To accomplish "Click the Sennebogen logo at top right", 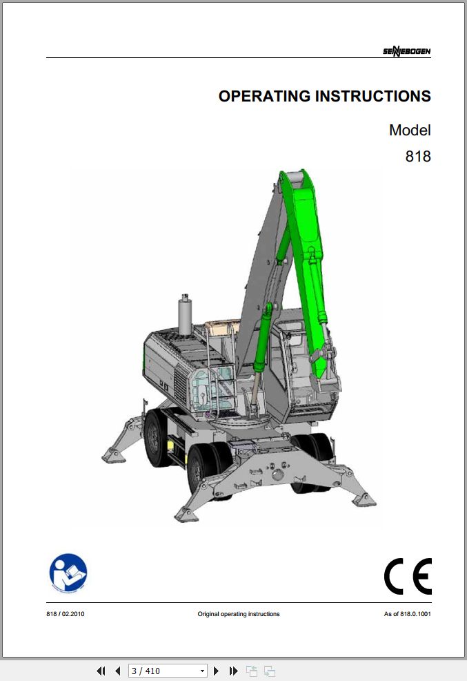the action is click(406, 51).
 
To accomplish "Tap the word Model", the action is click(410, 130).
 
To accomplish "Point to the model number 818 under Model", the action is click(418, 156).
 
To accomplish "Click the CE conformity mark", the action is click(408, 576).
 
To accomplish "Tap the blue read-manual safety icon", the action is click(68, 573).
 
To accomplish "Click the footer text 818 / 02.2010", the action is click(66, 614).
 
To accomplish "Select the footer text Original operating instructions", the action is click(239, 614).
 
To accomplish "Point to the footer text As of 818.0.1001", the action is click(407, 614).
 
